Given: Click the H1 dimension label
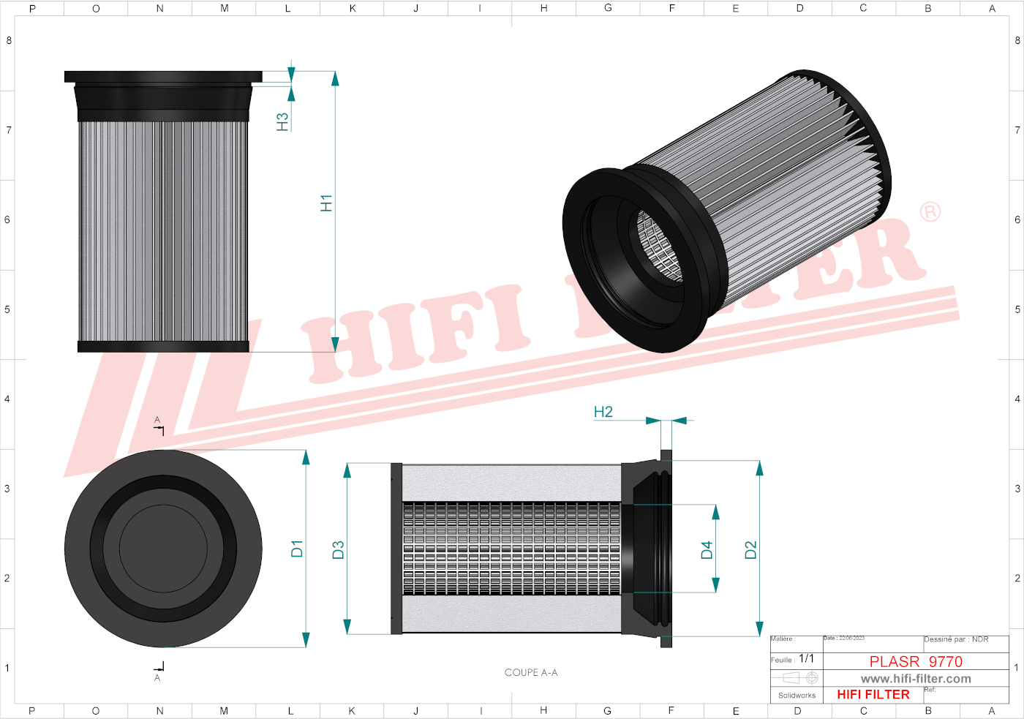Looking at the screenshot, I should click(326, 203).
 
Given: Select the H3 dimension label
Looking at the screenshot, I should click(282, 121).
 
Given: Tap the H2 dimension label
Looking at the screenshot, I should click(603, 412).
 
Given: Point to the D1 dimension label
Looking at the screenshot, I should click(296, 549).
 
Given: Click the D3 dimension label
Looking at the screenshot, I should click(338, 550).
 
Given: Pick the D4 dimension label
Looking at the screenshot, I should click(707, 550).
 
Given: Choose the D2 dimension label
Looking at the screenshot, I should click(750, 550).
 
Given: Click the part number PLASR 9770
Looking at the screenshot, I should click(915, 661).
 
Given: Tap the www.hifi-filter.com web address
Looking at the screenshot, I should click(915, 679).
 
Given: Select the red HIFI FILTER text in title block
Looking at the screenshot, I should click(873, 695).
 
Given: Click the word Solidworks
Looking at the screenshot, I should click(797, 696).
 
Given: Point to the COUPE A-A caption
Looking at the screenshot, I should click(530, 672).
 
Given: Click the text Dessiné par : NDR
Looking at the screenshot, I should click(956, 639).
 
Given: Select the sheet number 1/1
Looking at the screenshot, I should click(806, 659).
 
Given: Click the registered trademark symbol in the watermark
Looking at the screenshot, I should click(930, 212).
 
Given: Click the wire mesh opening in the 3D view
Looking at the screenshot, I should click(660, 245).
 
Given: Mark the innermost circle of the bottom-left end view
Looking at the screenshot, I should click(162, 547).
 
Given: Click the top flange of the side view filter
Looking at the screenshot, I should click(163, 76).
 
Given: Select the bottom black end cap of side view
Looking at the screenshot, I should click(163, 347).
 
